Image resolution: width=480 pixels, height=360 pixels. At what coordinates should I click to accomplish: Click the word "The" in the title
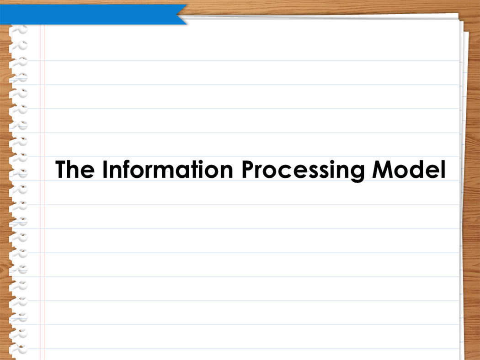coord(75,169)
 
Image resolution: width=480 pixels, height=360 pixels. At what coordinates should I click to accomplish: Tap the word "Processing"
coord(303,170)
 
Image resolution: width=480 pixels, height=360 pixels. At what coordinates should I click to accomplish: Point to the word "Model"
coord(409,169)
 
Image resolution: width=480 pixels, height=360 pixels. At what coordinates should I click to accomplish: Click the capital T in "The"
coord(61,169)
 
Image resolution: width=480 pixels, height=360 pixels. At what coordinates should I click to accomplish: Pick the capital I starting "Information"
coord(105,169)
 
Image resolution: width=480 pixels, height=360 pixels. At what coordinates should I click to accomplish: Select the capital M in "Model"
coord(382,169)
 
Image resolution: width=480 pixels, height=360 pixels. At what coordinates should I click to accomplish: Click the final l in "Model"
coord(443,169)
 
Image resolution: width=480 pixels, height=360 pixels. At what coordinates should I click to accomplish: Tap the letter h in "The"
coord(75,169)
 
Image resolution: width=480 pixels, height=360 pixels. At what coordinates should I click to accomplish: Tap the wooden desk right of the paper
coord(473,184)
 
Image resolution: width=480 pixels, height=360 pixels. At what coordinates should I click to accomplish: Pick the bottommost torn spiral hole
coord(19,349)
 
